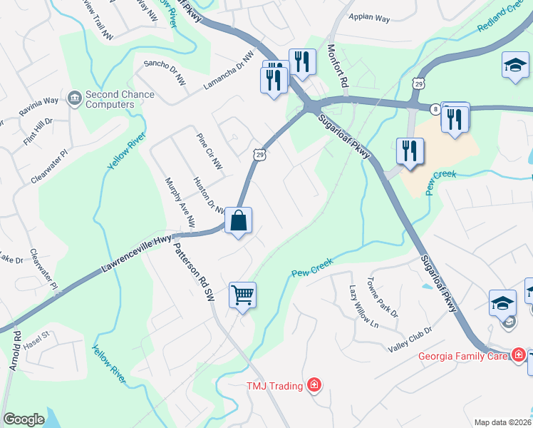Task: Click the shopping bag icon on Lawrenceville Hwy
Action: (239, 220)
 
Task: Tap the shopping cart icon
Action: (242, 295)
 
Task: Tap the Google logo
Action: (24, 419)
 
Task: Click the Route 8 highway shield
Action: (434, 108)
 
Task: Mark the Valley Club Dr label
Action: (410, 339)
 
